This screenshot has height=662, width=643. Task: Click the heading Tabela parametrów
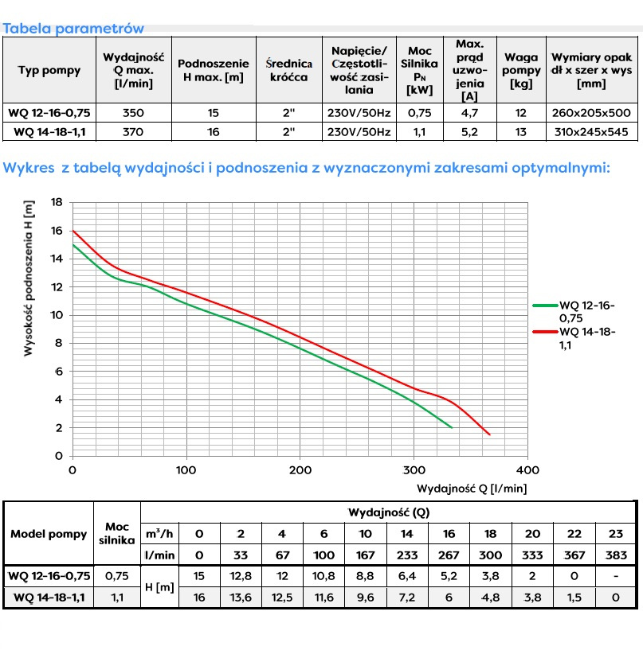73,29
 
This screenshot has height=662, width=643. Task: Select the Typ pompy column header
49,70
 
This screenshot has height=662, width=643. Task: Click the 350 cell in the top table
134,113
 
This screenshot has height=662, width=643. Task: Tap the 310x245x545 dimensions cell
590,132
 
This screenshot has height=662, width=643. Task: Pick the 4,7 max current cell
469,113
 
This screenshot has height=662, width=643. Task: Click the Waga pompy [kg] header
520,70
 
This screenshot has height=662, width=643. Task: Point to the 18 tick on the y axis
57,202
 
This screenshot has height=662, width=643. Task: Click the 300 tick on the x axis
414,470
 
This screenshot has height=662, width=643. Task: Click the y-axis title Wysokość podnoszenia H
29,278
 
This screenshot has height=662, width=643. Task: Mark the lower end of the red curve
489,434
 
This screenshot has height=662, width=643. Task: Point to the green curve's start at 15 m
73,245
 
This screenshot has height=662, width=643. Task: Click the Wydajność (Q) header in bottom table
389,513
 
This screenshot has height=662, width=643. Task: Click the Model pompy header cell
49,534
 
